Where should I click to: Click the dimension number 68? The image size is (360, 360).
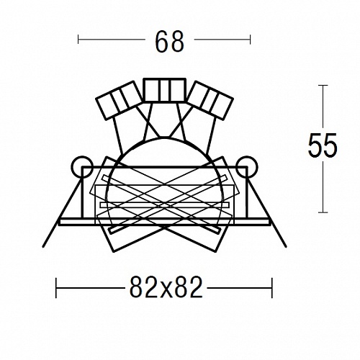click(170, 42)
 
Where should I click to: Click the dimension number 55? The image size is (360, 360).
click(323, 145)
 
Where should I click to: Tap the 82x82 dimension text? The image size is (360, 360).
click(166, 287)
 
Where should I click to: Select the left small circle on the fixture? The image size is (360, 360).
click(82, 167)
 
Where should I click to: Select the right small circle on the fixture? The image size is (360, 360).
click(247, 167)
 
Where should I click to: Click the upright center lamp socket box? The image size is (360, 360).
click(164, 90)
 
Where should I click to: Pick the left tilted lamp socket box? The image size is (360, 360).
click(119, 100)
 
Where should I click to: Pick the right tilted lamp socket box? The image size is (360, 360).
click(210, 100)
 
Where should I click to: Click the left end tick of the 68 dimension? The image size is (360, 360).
click(78, 40)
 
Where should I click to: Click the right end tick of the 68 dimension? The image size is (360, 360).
click(250, 40)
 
